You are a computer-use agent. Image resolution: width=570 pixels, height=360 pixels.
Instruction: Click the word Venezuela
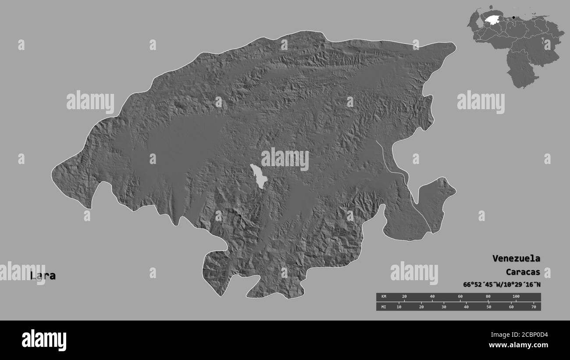(x=516, y=258)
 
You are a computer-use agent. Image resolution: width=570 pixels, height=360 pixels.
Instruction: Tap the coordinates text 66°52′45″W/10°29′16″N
(x=502, y=284)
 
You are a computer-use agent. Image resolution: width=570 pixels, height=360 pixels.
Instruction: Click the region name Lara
(x=43, y=276)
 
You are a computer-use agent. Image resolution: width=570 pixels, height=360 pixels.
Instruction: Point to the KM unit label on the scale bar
(x=383, y=297)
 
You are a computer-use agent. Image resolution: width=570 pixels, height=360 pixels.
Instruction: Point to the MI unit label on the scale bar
(x=383, y=307)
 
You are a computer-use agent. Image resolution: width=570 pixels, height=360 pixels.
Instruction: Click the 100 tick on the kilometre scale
(x=516, y=297)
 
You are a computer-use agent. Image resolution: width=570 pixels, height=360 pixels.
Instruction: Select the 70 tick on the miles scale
(x=534, y=307)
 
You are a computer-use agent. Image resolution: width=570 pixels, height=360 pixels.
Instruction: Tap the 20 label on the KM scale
(x=404, y=297)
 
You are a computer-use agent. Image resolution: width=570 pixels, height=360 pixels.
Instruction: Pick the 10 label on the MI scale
(x=399, y=307)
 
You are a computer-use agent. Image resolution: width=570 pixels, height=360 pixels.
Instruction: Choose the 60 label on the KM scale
(x=460, y=297)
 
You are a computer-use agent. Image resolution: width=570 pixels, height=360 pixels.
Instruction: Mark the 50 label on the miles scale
(x=488, y=307)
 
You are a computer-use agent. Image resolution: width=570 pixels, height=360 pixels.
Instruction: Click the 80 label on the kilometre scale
(x=488, y=297)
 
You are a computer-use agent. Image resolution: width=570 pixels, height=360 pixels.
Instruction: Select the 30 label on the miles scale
(x=444, y=307)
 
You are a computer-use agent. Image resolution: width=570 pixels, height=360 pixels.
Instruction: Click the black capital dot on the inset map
(x=513, y=18)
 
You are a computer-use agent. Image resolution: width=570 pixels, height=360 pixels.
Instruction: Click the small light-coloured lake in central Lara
(x=258, y=176)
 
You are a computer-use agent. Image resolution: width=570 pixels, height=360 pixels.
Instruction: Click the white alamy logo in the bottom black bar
(x=44, y=340)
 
